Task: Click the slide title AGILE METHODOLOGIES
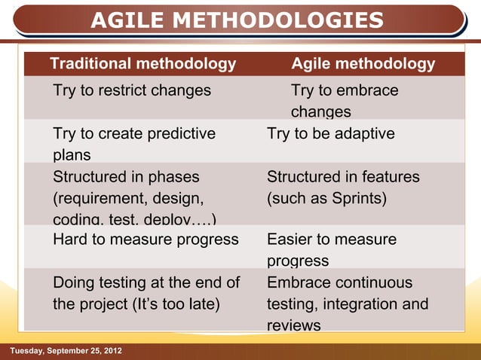(x=237, y=20)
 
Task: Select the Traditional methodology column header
(x=142, y=64)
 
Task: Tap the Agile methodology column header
(x=363, y=64)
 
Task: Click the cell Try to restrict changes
(x=132, y=91)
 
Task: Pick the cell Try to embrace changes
(x=345, y=101)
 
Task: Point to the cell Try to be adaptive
(x=331, y=134)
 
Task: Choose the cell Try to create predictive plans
(x=134, y=144)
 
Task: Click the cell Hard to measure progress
(x=146, y=240)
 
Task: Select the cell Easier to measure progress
(x=332, y=250)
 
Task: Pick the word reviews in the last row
(x=294, y=326)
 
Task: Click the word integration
(x=360, y=305)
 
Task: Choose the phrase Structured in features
(x=343, y=177)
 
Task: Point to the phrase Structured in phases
(x=126, y=177)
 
